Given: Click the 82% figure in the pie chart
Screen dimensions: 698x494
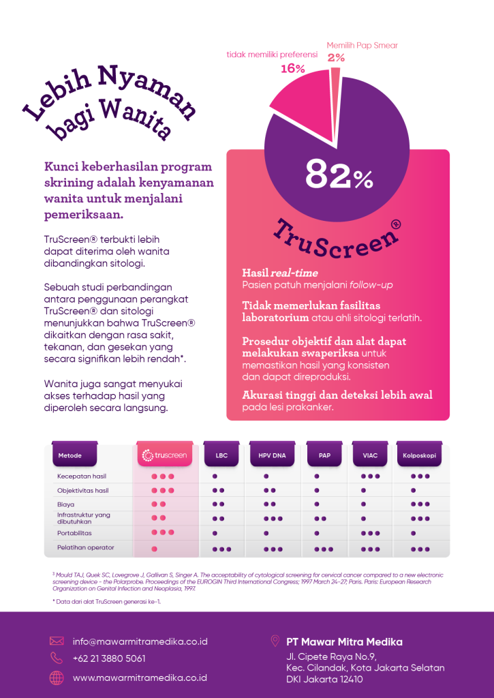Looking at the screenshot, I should coord(339,175).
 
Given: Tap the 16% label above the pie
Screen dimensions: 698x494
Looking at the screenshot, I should coord(292,69).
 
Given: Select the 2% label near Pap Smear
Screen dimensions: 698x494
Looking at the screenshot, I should coord(336,58).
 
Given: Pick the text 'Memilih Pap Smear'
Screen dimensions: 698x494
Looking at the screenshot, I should coord(362,46).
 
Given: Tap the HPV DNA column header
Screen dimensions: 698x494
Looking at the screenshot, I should coord(272,455).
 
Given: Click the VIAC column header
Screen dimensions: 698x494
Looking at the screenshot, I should coord(371,455).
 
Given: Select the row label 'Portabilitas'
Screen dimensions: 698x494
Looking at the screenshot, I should coord(74,532).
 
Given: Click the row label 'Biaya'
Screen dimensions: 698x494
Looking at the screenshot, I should coord(66,504).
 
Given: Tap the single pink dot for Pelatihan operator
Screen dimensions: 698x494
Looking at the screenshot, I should coord(155,548).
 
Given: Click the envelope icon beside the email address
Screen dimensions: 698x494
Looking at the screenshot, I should coord(57,641).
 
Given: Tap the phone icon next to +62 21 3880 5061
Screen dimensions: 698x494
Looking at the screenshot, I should coord(57,658).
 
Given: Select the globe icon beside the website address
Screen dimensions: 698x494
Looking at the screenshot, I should coord(57,678).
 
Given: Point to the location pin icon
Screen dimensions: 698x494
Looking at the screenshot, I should coord(275,641).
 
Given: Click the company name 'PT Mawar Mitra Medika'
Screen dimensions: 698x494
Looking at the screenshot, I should coord(344,641).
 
